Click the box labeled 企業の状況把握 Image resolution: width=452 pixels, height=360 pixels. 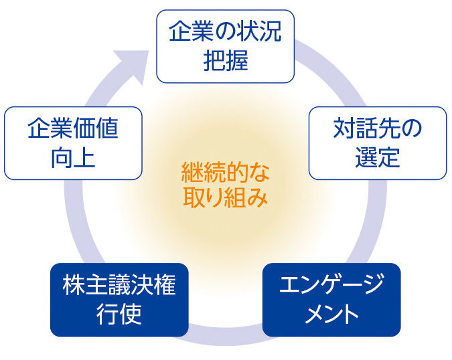point(225,46)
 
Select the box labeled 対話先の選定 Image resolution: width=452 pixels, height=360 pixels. point(377,143)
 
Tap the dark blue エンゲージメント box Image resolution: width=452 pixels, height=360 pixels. point(331,299)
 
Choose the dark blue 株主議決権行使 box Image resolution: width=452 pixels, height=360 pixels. point(119,299)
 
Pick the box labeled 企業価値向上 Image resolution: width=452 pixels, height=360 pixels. point(73,143)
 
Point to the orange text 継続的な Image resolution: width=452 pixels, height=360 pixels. point(226,172)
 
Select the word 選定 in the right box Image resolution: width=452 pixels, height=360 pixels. point(377,158)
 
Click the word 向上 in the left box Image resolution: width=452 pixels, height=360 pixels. point(73,158)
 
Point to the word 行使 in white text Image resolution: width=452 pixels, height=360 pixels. point(119,314)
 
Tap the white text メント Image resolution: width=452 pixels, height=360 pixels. point(331,314)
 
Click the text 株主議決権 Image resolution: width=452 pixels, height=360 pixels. point(119,285)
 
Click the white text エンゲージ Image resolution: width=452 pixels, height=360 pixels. point(331,285)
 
